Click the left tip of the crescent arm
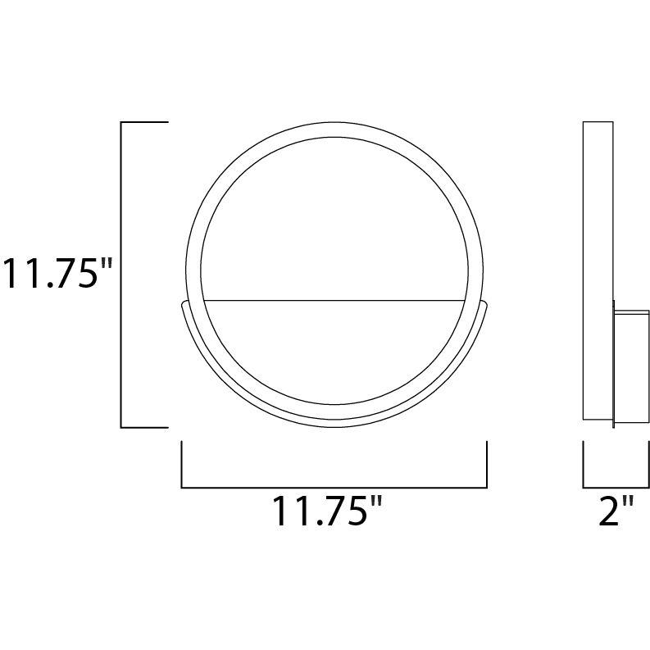[x=181, y=303]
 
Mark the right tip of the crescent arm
[x=488, y=303]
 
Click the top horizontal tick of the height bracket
[x=144, y=122]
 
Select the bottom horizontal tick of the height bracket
[x=144, y=427]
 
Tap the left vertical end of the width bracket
[x=181, y=464]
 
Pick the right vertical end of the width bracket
[x=487, y=464]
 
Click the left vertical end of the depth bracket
[x=583, y=464]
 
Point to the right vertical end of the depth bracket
[x=648, y=464]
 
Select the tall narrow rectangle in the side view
[x=598, y=270]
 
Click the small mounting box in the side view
[x=632, y=366]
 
